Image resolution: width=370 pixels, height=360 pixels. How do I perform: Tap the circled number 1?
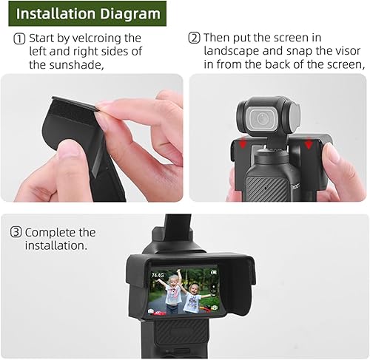click(x=18, y=38)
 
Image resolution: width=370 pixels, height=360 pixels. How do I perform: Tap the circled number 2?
click(x=195, y=38)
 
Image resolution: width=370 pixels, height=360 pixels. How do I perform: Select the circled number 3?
click(x=16, y=232)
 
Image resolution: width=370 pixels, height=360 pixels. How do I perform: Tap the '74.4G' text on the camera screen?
click(x=159, y=275)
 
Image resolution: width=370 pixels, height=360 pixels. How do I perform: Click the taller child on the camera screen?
click(x=172, y=294)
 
